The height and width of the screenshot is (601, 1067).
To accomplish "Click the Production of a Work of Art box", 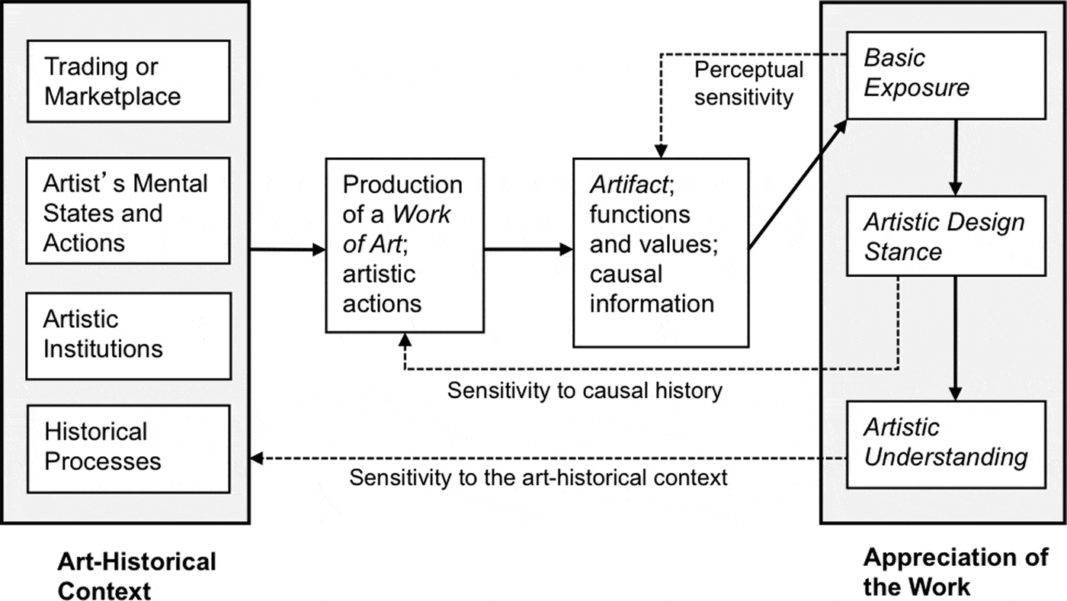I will pyautogui.click(x=404, y=244).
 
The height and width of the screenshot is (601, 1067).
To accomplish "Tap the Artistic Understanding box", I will pyautogui.click(x=945, y=442).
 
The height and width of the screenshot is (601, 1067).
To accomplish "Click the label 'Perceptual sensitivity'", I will pyautogui.click(x=748, y=83).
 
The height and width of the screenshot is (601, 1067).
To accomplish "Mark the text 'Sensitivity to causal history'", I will pyautogui.click(x=584, y=391).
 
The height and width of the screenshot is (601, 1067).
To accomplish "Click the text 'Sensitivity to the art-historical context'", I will pyautogui.click(x=538, y=478).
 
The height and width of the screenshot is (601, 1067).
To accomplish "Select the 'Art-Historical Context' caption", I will pyautogui.click(x=137, y=576).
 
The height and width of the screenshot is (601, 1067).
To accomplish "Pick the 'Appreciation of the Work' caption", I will pyautogui.click(x=956, y=572).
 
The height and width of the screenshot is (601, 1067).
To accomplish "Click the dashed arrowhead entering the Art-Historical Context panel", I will pyautogui.click(x=258, y=458).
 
